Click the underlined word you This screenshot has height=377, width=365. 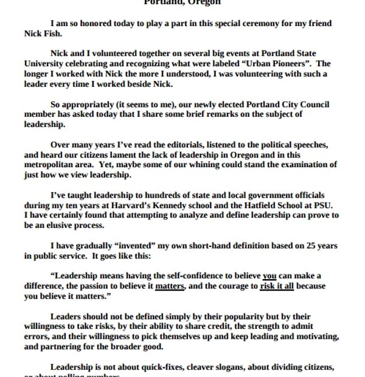click(x=269, y=275)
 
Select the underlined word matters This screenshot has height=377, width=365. click(x=170, y=286)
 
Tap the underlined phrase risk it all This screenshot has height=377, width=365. click(x=277, y=286)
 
